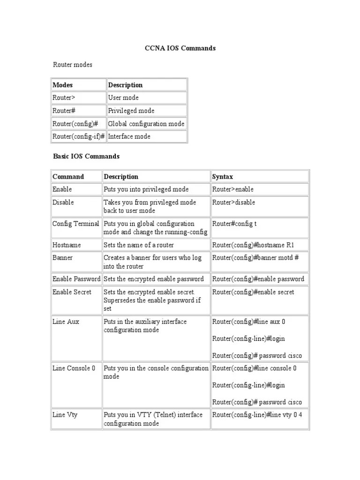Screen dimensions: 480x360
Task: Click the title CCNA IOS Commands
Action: coord(180,48)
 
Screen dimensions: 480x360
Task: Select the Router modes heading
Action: coord(72,65)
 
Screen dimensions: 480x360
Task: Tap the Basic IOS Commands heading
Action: coord(86,156)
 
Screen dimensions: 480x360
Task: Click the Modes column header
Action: coord(63,85)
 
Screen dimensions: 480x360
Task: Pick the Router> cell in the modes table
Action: coord(64,98)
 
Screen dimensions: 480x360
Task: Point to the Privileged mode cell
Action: coord(131,111)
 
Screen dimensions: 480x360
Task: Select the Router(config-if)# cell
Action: coord(78,136)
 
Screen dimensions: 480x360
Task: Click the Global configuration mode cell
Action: coord(146,124)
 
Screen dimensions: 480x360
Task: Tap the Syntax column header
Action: coord(223,177)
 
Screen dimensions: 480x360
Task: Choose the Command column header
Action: coord(68,177)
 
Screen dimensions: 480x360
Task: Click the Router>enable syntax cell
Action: coord(233,189)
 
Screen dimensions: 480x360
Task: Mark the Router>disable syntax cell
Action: coord(234,202)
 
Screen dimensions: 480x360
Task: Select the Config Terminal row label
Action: coord(76,224)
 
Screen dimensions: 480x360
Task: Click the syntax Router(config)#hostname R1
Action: coord(254,245)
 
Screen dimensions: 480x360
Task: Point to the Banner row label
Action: coord(62,258)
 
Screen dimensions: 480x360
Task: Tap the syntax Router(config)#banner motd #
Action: coord(255,258)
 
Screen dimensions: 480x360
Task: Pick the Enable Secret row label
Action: coord(72,292)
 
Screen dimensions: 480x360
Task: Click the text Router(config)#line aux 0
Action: coord(248,322)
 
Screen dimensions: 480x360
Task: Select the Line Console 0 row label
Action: coord(74,368)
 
